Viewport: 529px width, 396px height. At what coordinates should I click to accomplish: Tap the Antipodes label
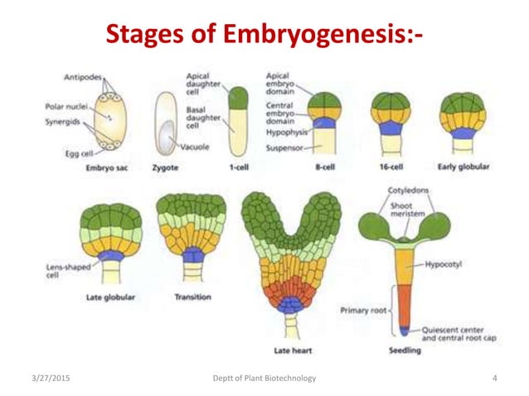pyautogui.click(x=82, y=78)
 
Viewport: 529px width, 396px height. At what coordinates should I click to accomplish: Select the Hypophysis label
pyautogui.click(x=287, y=132)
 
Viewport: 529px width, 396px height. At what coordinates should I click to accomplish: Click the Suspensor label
pyautogui.click(x=287, y=147)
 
